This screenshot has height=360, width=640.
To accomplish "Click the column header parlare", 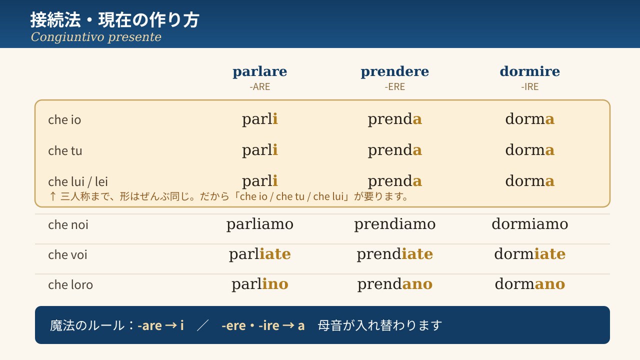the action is click(259, 72).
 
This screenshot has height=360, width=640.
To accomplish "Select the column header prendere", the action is click(394, 72).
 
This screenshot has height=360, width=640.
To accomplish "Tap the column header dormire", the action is click(529, 71).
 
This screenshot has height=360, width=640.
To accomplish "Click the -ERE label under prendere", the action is click(394, 86).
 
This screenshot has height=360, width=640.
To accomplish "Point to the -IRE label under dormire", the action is click(529, 86).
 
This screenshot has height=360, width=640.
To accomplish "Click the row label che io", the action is click(64, 119).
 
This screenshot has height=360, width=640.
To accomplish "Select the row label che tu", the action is click(65, 150).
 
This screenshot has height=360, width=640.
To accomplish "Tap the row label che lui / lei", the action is click(77, 181).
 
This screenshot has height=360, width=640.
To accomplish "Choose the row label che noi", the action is click(68, 224).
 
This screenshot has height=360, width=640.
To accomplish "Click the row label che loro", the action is click(70, 284).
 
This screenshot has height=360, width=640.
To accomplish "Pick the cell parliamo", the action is click(259, 224).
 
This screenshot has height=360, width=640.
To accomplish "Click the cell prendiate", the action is click(394, 254).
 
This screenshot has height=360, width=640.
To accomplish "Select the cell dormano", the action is click(529, 284).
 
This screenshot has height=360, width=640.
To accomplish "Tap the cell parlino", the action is click(259, 284).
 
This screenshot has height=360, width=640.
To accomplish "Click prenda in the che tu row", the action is click(394, 150).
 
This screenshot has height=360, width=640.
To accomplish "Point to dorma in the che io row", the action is click(529, 119).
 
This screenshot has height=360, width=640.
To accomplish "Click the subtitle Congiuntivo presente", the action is click(96, 37).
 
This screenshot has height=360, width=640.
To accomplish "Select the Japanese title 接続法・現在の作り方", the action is click(114, 20).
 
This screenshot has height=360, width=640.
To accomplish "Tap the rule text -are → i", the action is click(160, 325).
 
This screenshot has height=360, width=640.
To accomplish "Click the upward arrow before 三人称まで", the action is click(52, 196).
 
